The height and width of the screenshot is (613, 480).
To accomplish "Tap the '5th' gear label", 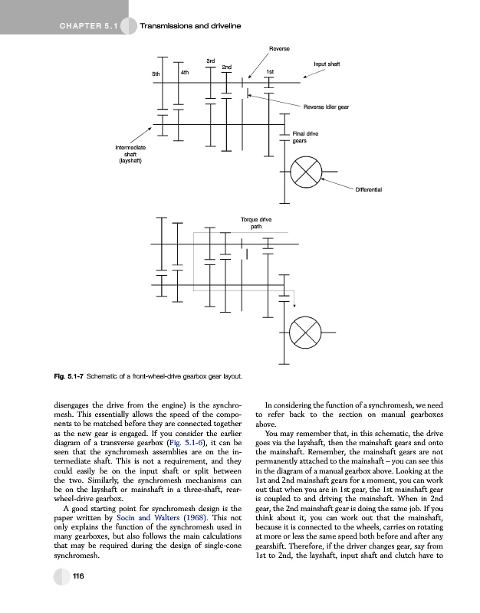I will [156, 74].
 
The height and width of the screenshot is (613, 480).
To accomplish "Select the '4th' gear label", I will [185, 72].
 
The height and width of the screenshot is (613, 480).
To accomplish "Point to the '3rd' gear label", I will [211, 60].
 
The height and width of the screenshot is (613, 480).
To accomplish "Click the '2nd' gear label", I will [227, 67].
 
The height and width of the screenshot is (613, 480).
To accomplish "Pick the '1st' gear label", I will [270, 72].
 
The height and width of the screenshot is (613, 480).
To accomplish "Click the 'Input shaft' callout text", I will [327, 64].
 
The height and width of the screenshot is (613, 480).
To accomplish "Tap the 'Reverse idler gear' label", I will [327, 107].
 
